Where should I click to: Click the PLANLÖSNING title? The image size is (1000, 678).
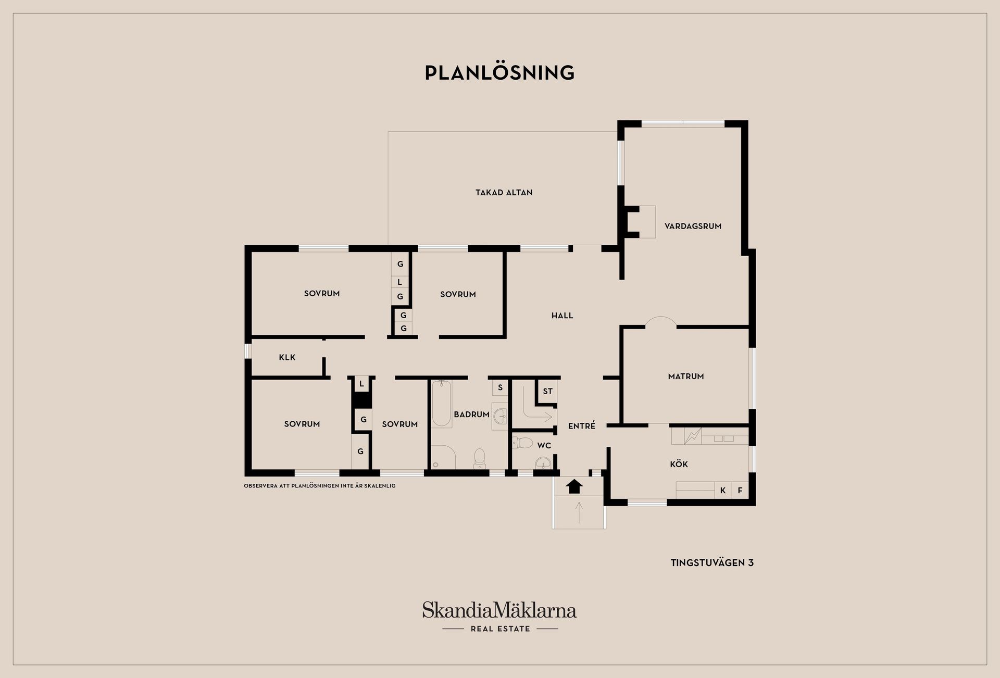tap(499, 73)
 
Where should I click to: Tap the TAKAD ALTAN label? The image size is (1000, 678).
tap(504, 193)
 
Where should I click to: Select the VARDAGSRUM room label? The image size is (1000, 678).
tap(693, 226)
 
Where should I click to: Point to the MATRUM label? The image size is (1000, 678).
tap(685, 376)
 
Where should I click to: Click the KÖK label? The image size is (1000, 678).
tap(679, 464)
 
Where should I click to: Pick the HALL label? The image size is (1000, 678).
tap(562, 316)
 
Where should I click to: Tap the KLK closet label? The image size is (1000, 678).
tap(287, 357)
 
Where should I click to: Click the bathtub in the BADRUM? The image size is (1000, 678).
tap(441, 404)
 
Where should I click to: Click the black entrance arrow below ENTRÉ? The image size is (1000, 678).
tap(574, 486)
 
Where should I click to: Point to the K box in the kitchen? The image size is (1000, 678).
tap(722, 491)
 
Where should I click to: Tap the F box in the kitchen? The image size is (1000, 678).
tap(740, 491)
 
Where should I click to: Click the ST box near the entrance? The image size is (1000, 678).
tap(547, 391)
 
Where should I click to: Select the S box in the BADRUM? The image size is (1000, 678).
tap(500, 387)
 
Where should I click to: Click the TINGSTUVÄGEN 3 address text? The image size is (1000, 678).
tap(712, 563)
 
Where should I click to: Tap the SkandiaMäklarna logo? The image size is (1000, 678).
tap(499, 610)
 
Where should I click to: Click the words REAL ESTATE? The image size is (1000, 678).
tap(500, 629)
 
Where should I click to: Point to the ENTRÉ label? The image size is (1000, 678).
tap(581, 426)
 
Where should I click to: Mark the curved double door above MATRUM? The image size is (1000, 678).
tap(661, 323)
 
